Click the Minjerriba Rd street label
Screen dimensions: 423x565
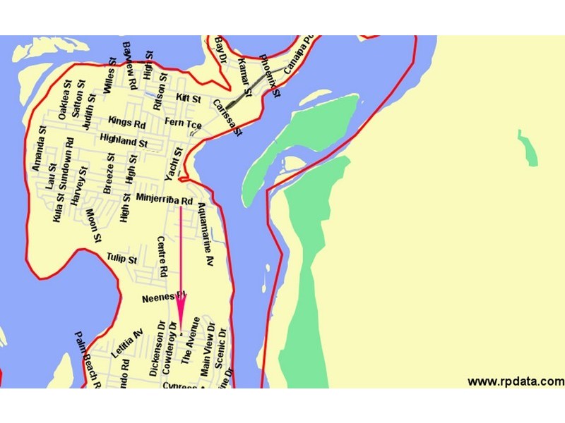[x=165, y=201]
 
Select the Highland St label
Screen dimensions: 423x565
[x=124, y=140]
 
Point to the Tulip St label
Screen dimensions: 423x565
[x=121, y=259]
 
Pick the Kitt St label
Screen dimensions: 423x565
[x=189, y=97]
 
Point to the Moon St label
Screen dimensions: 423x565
[x=93, y=224]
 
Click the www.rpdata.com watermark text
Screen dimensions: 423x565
[x=516, y=381]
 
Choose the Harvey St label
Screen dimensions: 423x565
[x=78, y=186]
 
